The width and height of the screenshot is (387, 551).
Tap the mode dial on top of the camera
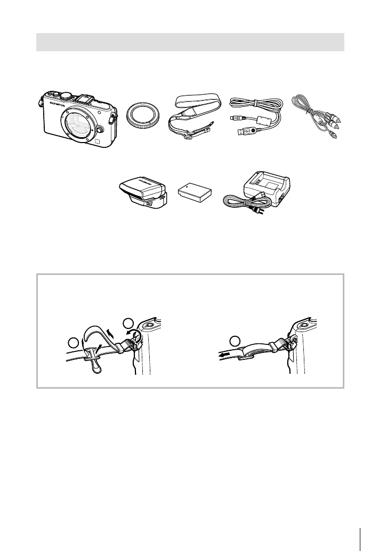[x=66, y=96]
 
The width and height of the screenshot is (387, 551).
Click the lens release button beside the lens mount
[x=100, y=128]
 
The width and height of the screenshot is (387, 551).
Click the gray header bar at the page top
[x=190, y=42]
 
